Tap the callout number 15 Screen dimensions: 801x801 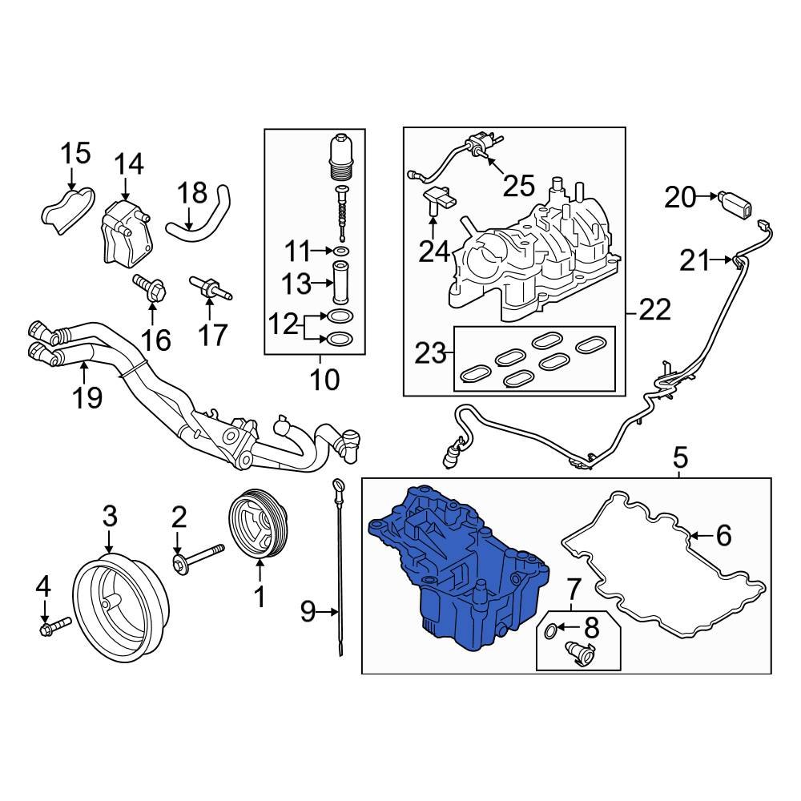(77, 152)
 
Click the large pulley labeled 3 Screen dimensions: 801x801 (120, 602)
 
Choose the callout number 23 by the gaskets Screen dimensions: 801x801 (430, 353)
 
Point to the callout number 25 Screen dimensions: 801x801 (517, 186)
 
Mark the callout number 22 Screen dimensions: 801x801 (655, 311)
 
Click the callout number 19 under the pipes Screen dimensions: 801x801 (89, 396)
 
